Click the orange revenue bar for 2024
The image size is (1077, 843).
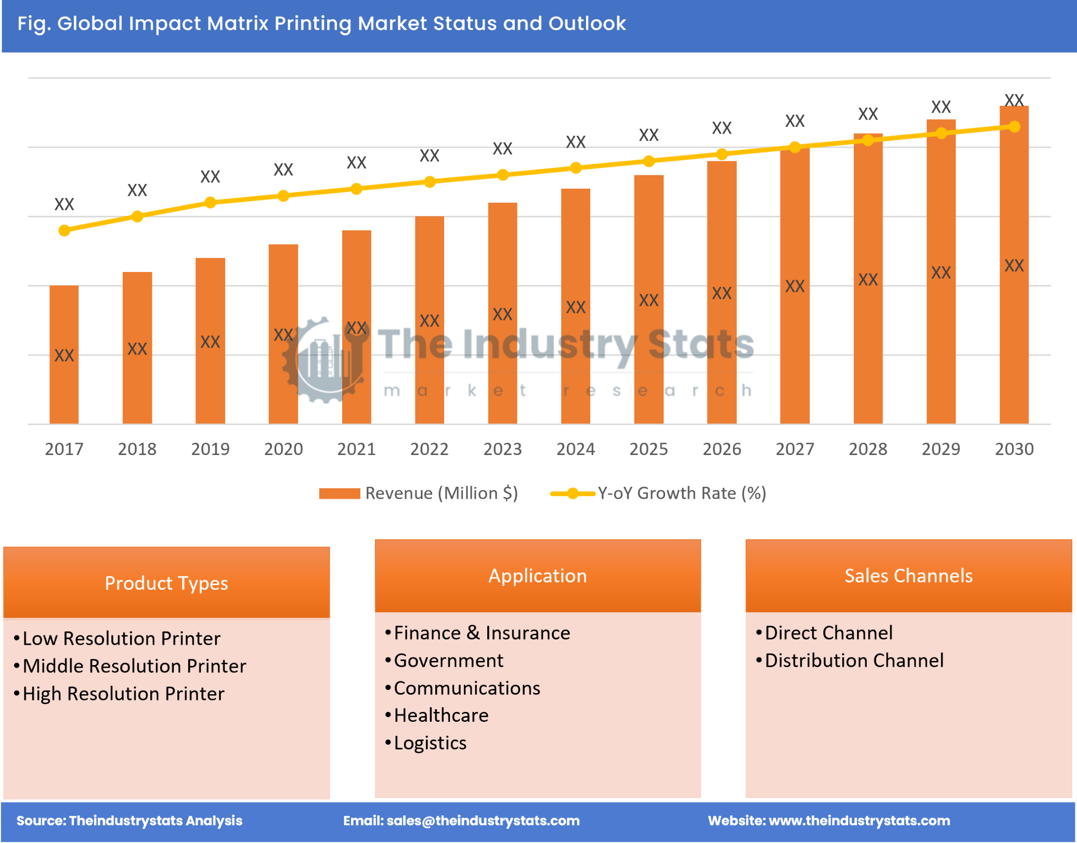click(x=575, y=307)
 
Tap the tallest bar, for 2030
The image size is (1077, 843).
click(x=1014, y=265)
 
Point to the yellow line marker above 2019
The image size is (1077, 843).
click(x=210, y=202)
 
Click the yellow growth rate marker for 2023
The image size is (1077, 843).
click(x=502, y=175)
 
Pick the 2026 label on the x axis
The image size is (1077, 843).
click(x=721, y=449)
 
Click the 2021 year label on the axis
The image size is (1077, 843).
click(x=356, y=449)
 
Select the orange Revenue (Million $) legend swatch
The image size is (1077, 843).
click(x=339, y=494)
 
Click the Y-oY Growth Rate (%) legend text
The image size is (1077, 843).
click(x=681, y=493)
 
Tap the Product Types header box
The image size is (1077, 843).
click(x=166, y=582)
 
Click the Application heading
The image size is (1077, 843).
click(x=538, y=576)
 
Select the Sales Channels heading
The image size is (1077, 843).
click(x=908, y=576)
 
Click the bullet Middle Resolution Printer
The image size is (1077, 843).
click(x=134, y=666)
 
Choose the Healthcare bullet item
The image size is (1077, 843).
click(x=441, y=716)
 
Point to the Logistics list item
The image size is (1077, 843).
click(x=430, y=743)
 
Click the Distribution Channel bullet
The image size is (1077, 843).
click(x=854, y=660)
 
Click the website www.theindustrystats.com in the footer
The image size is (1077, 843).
click(x=859, y=821)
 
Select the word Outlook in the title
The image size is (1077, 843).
click(x=587, y=23)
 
